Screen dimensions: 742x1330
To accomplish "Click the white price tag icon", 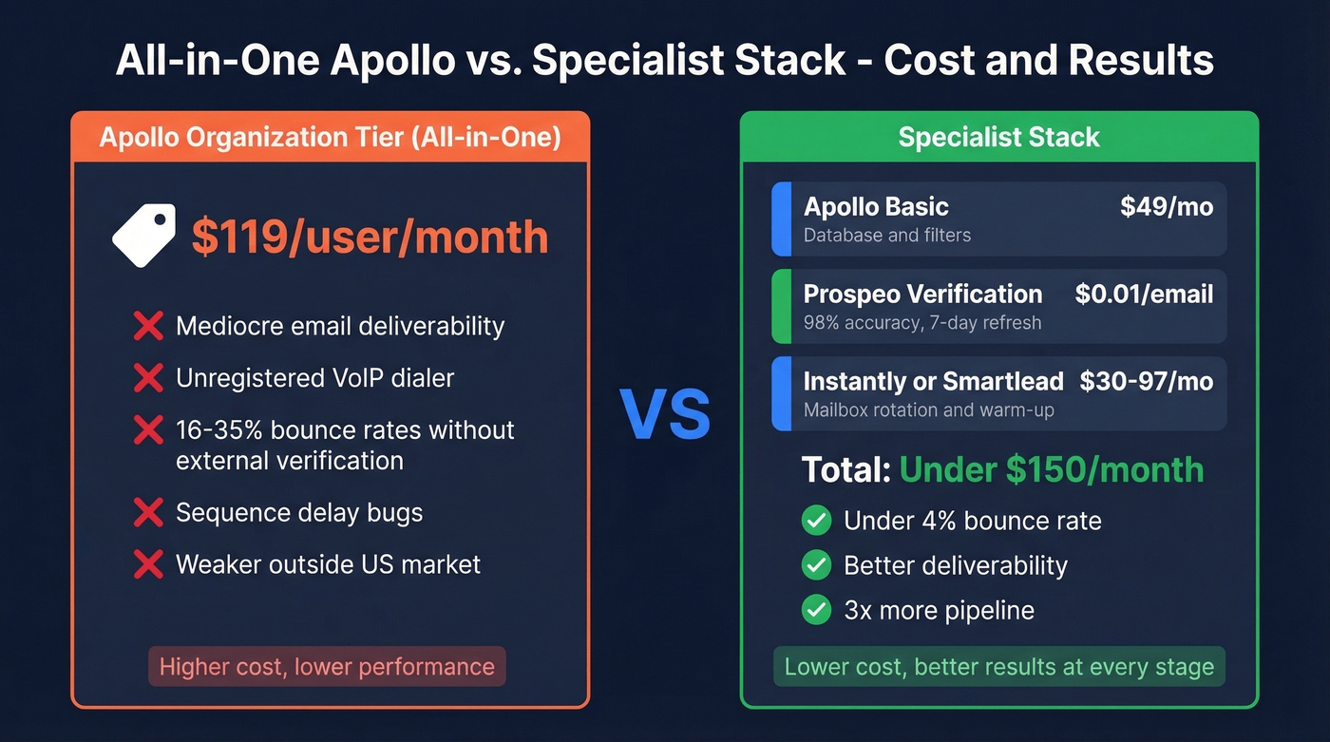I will tap(143, 236).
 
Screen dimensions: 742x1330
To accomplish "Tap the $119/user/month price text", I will tap(370, 237).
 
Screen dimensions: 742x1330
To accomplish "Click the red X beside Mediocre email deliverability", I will tap(148, 326).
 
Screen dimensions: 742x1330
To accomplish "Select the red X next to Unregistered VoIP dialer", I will tap(148, 378).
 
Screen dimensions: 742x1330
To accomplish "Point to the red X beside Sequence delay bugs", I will tap(148, 513).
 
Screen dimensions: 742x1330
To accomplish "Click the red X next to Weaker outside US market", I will tap(148, 564).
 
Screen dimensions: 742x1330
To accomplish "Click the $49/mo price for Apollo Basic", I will tap(1166, 207).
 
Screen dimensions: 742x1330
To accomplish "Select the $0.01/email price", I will tap(1144, 295).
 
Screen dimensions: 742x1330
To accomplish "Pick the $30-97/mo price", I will tap(1146, 382).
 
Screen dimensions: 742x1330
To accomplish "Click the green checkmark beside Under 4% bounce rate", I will tap(816, 521).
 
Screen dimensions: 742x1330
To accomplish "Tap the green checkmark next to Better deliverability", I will tap(816, 565).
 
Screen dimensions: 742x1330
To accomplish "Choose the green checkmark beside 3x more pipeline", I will tap(816, 610).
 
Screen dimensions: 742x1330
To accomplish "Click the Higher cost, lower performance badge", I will tap(327, 667).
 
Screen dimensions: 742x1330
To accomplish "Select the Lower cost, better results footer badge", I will tap(998, 667).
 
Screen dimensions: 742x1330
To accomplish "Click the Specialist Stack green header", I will tap(998, 137).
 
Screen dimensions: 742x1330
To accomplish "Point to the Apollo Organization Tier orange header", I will tap(330, 137).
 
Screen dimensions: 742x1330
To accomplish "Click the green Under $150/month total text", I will tap(1051, 469).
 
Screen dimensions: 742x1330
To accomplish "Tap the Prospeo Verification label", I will tap(922, 295).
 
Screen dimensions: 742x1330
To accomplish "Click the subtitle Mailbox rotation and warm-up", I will tap(928, 410).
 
